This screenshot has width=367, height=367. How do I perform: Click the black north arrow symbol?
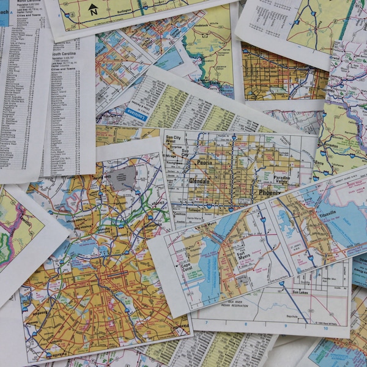[93, 9]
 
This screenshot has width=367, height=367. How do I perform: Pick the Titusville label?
[331, 215]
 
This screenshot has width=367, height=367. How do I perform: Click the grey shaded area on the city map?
[122, 177]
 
